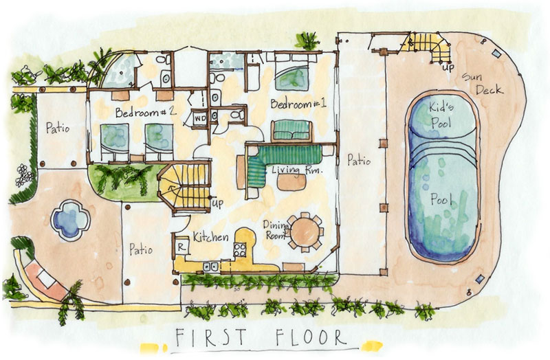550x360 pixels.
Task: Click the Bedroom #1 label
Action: [298, 104]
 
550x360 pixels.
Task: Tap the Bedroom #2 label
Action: [146, 112]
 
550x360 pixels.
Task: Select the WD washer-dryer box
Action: [200, 118]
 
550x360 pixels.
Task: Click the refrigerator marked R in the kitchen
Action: [181, 247]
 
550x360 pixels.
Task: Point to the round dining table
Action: [305, 232]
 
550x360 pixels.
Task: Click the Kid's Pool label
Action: [441, 115]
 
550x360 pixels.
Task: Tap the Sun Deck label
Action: [482, 84]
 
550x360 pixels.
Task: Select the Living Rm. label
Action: [297, 170]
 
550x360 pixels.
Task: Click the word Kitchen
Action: [211, 237]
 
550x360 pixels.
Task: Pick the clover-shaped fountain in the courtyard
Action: [70, 220]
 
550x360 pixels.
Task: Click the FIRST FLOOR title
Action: [261, 337]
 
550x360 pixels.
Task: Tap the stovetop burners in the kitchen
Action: [240, 249]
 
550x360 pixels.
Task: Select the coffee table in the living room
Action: [291, 182]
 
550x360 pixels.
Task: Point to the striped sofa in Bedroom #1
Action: [291, 131]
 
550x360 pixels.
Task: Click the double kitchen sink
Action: [211, 267]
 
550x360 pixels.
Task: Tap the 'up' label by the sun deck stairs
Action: [448, 67]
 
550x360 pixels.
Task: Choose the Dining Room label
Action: [276, 230]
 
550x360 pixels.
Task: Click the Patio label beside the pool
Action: [359, 160]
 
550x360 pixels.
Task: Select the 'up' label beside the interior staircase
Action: [217, 203]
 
